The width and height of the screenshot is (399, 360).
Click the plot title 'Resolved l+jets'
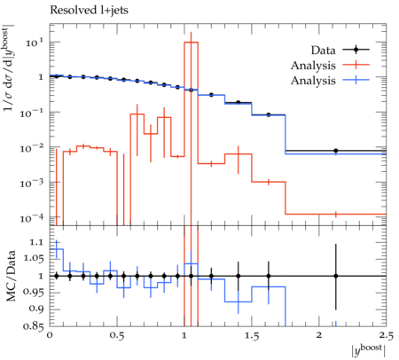[x=89, y=11]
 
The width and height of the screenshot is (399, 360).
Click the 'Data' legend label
[x=323, y=51]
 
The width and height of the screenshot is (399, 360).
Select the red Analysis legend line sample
[x=356, y=65]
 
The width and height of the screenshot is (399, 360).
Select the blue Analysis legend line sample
[x=356, y=80]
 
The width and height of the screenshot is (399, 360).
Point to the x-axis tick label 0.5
[x=117, y=336]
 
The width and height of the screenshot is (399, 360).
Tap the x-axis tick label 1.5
[x=252, y=336]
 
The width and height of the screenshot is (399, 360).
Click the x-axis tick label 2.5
[x=387, y=336]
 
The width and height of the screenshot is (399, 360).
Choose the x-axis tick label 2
[x=319, y=335]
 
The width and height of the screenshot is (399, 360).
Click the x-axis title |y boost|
[x=369, y=350]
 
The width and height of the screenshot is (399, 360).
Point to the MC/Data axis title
[x=11, y=276]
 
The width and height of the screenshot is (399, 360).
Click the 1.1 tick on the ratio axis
[x=36, y=242]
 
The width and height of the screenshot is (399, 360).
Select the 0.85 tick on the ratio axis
[x=33, y=326]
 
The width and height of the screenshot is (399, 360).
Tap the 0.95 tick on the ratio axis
[x=33, y=292]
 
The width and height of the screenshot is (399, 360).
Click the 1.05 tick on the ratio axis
[x=33, y=258]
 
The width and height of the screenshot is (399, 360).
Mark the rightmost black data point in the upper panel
[x=336, y=151]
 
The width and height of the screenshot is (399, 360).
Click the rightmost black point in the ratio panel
[x=336, y=276]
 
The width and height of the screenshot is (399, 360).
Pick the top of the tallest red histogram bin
[x=191, y=43]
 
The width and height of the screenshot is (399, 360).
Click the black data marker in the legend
[x=356, y=50]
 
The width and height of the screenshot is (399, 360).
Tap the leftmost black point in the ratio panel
[x=57, y=276]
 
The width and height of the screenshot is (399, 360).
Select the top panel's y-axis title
[x=10, y=69]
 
